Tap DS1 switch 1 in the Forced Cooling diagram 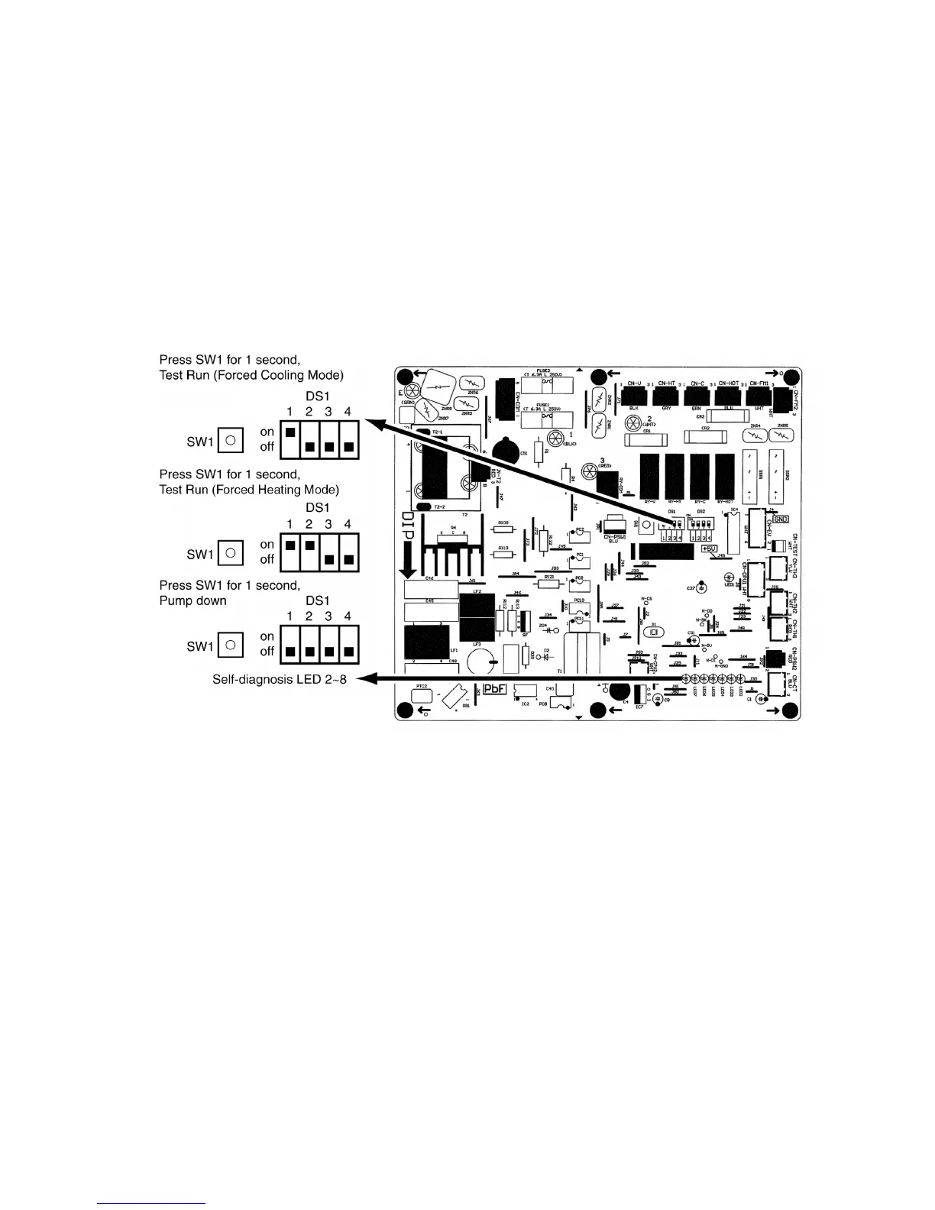coord(290,432)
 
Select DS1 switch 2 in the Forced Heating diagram coord(309,545)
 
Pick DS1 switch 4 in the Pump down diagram coord(348,652)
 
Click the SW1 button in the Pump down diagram coord(231,645)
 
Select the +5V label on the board coord(709,548)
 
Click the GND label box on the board coord(781,519)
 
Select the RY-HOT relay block coord(726,476)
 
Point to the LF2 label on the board coord(477,591)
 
